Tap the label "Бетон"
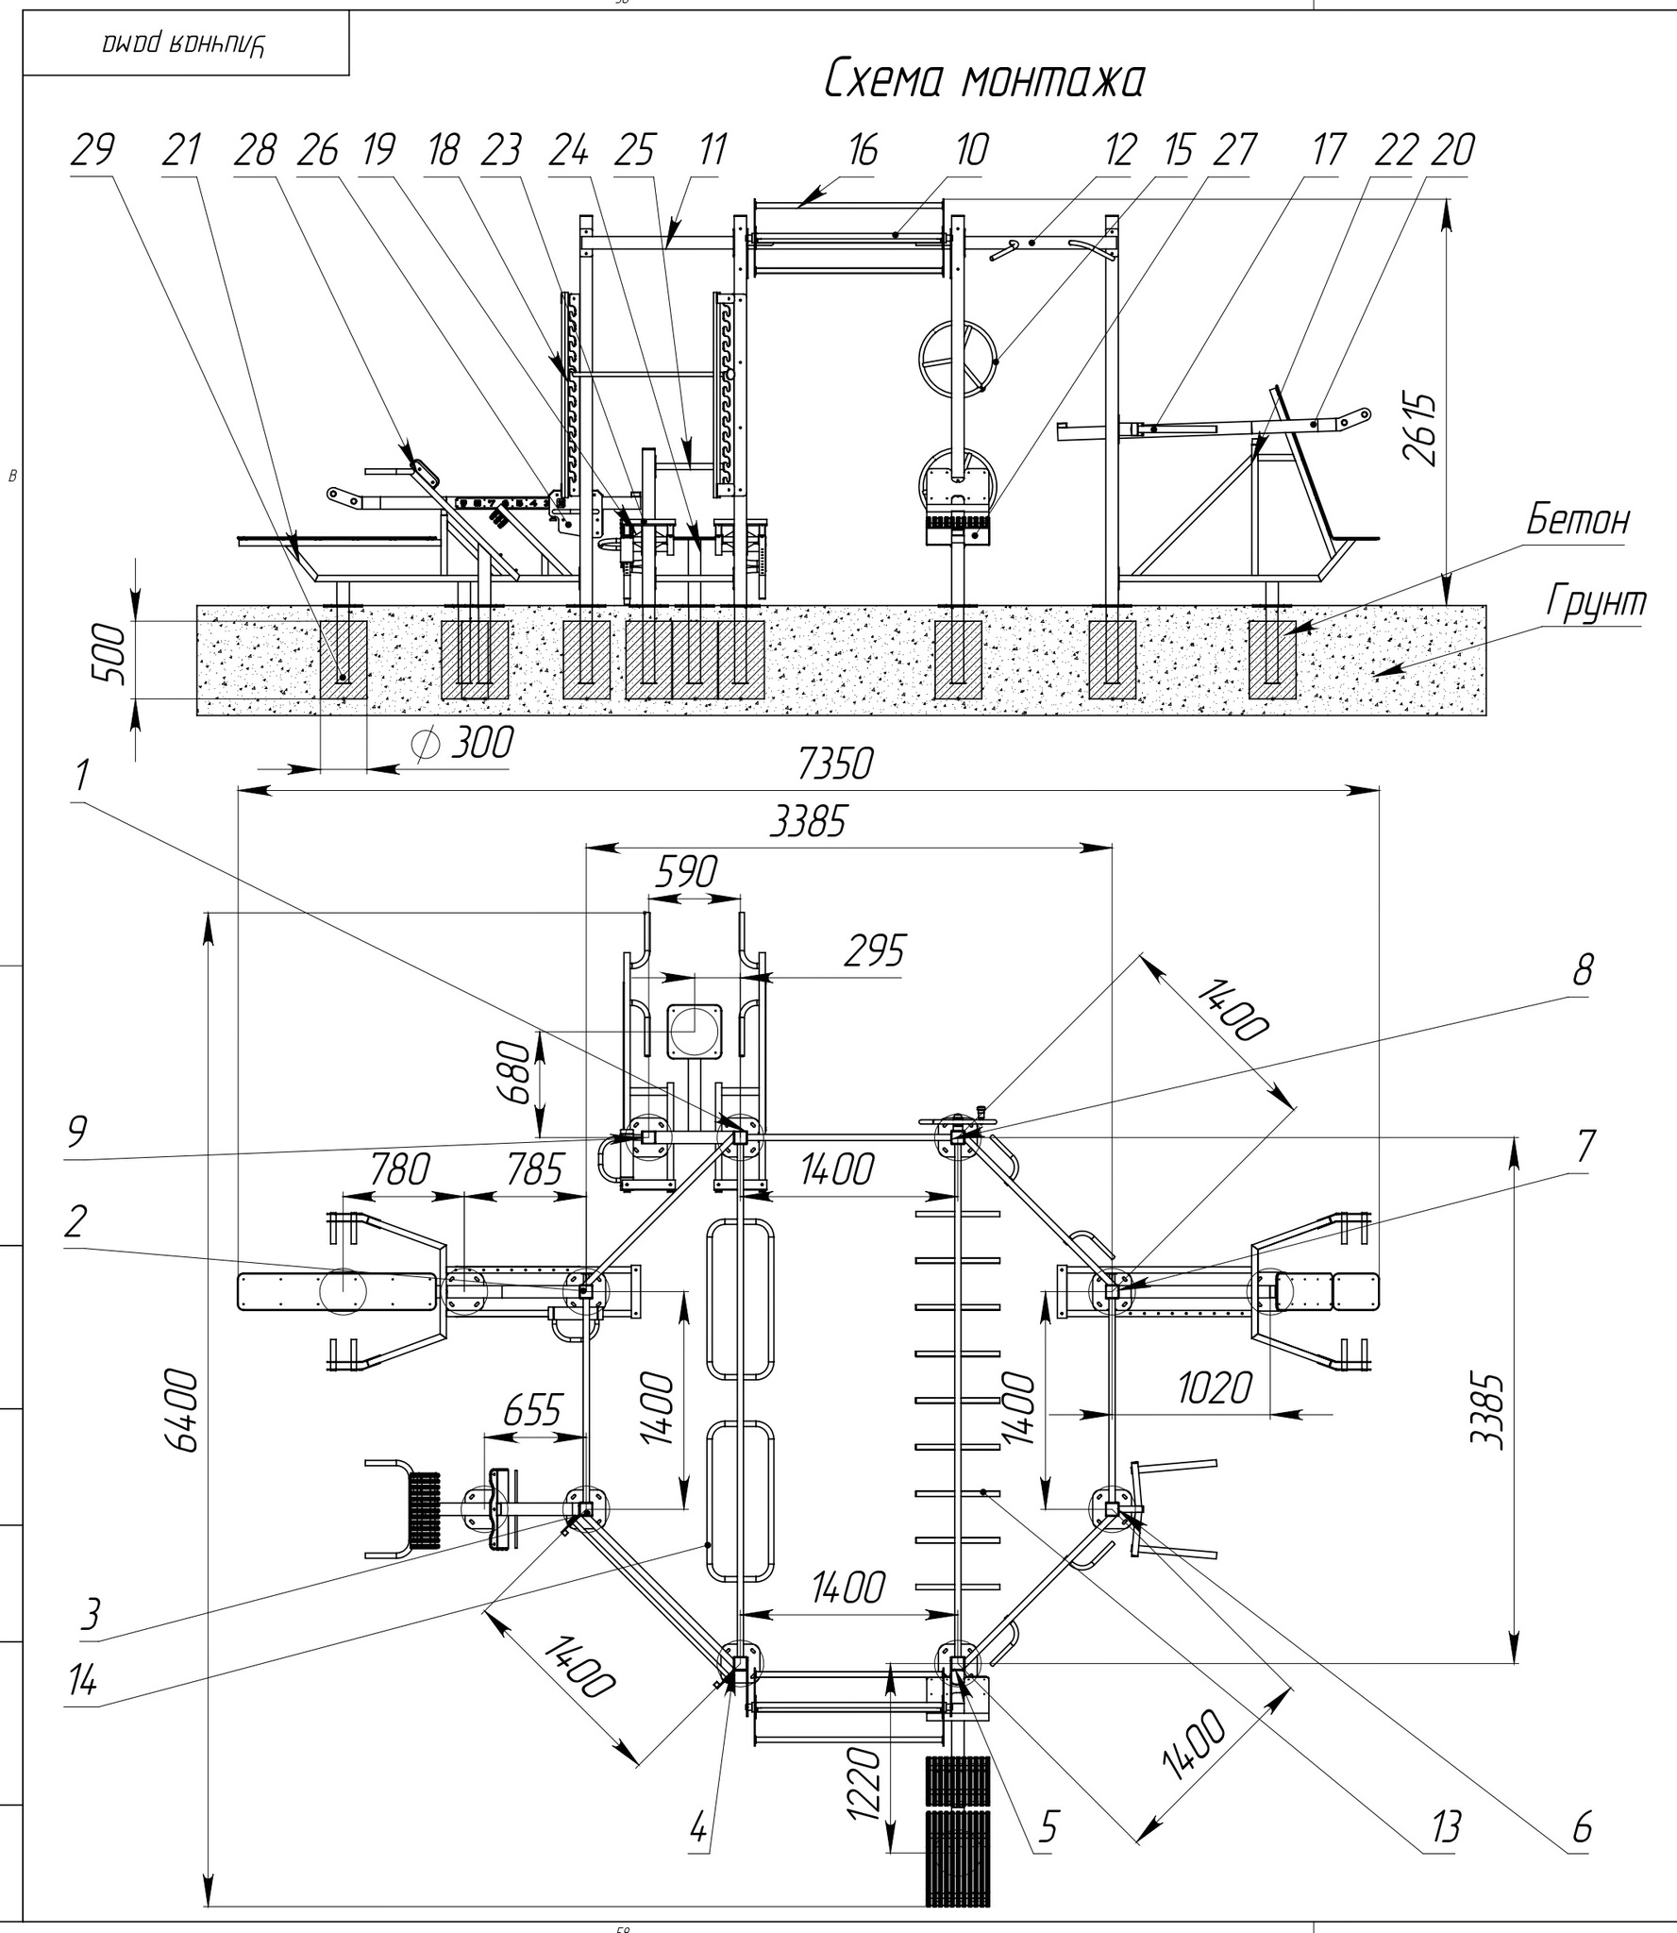click(x=1577, y=520)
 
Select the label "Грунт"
click(x=1596, y=601)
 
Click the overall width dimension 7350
click(x=835, y=764)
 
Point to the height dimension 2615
click(x=1419, y=429)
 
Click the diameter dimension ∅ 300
click(x=464, y=744)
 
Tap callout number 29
click(x=92, y=151)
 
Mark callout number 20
click(x=1452, y=151)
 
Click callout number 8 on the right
click(x=1583, y=969)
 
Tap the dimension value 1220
click(x=864, y=1781)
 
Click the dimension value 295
click(x=874, y=951)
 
